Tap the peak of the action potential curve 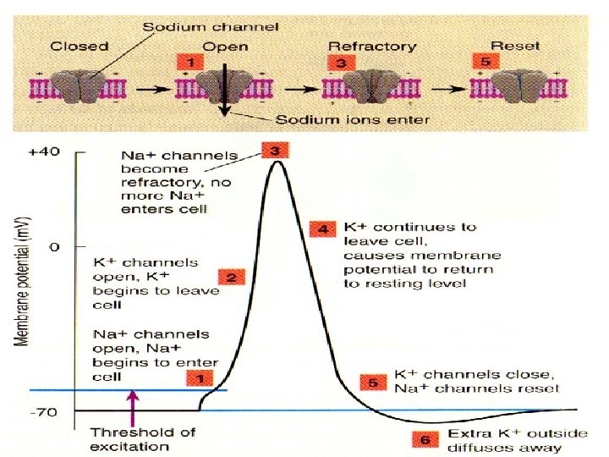point(277,161)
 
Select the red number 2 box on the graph point(231,276)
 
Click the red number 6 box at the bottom point(425,439)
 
